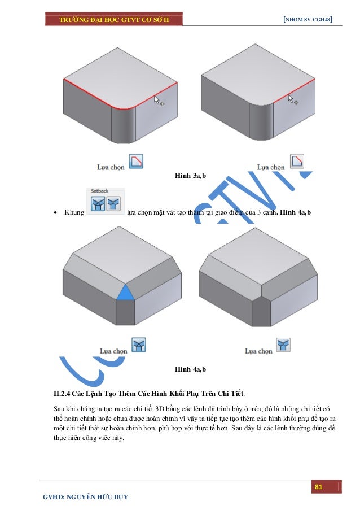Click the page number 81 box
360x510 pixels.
point(318,487)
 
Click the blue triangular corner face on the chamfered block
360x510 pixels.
point(125,293)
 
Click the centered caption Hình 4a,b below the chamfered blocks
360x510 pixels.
point(190,369)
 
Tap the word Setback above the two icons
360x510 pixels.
point(98,191)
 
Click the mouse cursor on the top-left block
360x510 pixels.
point(158,101)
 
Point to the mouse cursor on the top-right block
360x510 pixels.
point(292,101)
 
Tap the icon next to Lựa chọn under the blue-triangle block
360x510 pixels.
point(138,345)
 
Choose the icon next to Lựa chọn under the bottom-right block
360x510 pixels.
point(283,345)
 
